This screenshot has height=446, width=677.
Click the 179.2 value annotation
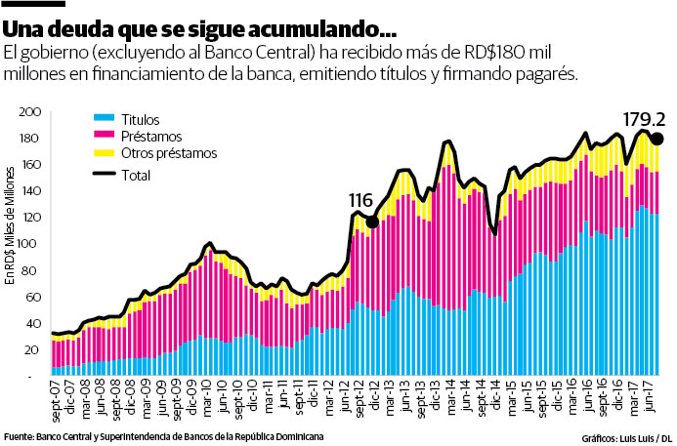click(x=641, y=119)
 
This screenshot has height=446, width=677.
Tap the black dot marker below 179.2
click(x=656, y=140)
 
